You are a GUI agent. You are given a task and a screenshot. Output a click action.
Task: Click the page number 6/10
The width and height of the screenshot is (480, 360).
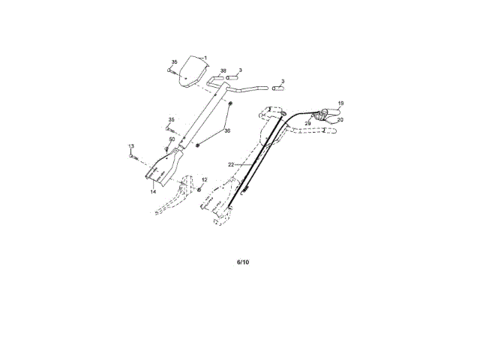(242, 262)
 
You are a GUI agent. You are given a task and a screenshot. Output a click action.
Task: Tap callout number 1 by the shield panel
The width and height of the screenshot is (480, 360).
(205, 56)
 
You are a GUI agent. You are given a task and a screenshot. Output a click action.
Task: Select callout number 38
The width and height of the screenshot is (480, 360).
(223, 70)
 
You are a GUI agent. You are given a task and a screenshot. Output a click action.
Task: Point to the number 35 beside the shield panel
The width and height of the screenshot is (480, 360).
(174, 61)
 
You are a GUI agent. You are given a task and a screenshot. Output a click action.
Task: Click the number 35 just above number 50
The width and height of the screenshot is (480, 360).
(171, 120)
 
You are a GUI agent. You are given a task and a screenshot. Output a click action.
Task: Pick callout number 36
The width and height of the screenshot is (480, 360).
(227, 130)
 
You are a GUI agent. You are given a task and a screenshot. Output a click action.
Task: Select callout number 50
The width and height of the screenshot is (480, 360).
(172, 139)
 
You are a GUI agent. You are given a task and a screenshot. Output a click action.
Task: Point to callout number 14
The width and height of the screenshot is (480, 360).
(152, 192)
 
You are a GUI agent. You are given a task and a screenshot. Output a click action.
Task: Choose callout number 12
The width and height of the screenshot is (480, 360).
(204, 180)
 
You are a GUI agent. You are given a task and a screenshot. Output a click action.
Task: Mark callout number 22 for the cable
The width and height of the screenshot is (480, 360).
(232, 163)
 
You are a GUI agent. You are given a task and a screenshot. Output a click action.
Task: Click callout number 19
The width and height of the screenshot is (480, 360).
(340, 103)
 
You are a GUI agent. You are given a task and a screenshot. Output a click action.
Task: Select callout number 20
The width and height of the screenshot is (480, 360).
(340, 119)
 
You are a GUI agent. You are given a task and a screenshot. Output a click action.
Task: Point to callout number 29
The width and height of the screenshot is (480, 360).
(307, 123)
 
